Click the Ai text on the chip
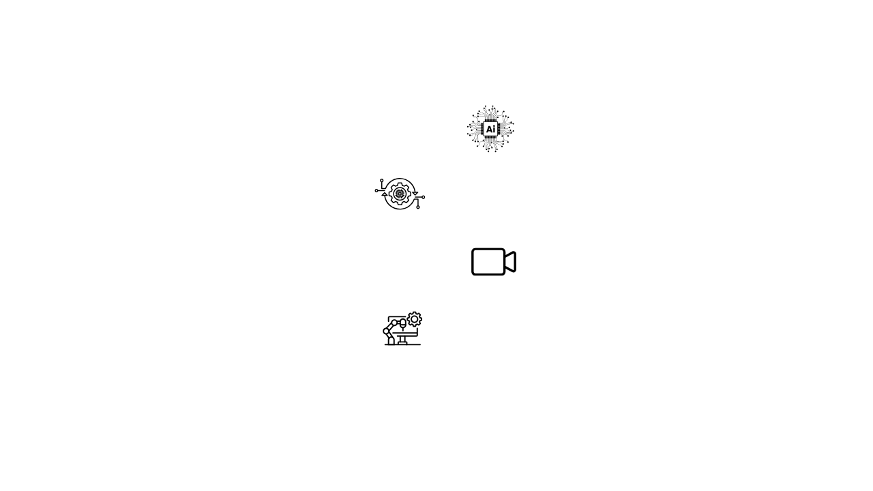pos(490,129)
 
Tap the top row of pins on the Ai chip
pos(490,121)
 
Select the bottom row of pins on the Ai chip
pos(490,137)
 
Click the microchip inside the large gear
pos(400,194)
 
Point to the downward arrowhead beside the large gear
pos(415,193)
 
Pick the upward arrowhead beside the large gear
pos(384,194)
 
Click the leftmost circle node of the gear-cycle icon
pos(376,190)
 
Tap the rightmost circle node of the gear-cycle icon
pos(424,197)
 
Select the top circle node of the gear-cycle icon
pos(382,181)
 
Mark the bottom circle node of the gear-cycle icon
pos(418,207)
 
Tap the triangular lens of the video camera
pos(511,262)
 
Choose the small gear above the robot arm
pos(414,320)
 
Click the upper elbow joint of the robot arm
pos(394,323)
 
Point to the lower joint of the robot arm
pos(386,331)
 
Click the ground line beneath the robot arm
pos(402,345)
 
